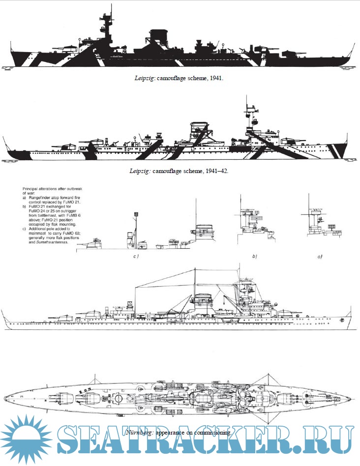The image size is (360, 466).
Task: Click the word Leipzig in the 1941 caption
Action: pos(145,78)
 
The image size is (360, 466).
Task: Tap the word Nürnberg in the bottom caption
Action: pos(140,433)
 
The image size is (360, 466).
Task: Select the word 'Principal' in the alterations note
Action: pos(31,189)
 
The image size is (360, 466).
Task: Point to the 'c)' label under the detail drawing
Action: pos(139,257)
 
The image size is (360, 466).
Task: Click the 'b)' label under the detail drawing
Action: pos(254,257)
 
